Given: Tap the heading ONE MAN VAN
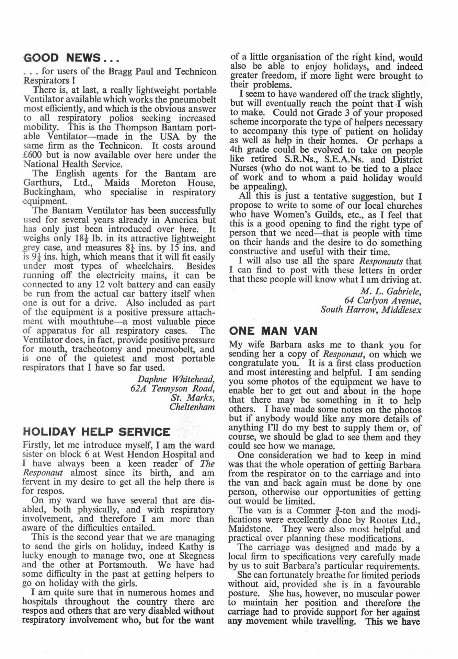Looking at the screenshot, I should click(273, 331).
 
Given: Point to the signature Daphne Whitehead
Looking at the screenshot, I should click(176, 379).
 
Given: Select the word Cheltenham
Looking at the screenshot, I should click(192, 407).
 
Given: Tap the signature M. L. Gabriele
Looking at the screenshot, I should click(391, 291).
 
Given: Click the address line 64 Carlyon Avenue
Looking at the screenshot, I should click(383, 301).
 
